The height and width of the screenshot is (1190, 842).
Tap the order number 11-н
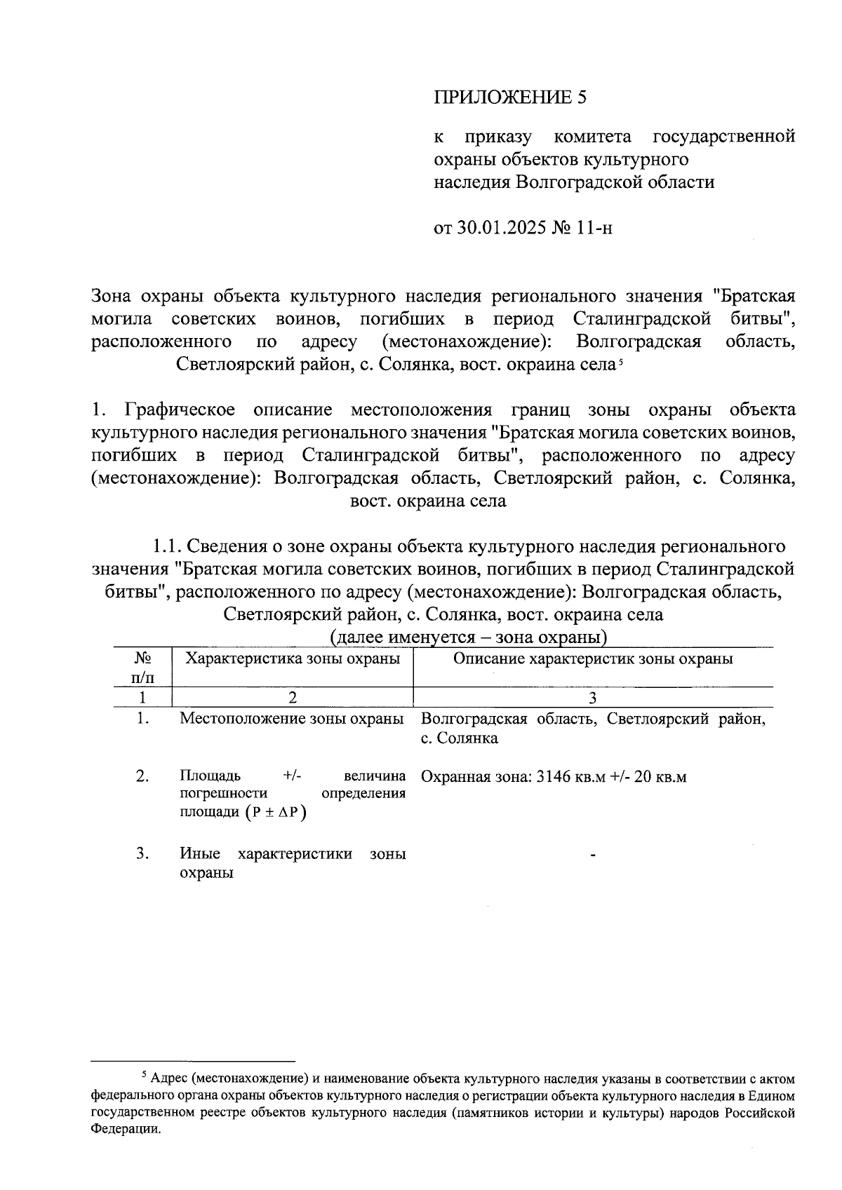point(594,228)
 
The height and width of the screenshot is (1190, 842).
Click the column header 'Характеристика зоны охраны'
point(292,659)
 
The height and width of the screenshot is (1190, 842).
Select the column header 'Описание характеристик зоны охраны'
point(593,659)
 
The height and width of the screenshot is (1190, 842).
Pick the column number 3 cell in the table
point(593,698)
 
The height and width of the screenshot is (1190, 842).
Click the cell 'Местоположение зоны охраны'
point(292,719)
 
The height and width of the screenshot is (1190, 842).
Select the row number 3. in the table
point(143,853)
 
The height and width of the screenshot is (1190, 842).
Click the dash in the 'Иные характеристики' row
point(593,856)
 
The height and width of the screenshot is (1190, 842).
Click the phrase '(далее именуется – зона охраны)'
point(469,637)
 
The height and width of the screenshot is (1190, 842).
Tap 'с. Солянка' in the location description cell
point(460,738)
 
